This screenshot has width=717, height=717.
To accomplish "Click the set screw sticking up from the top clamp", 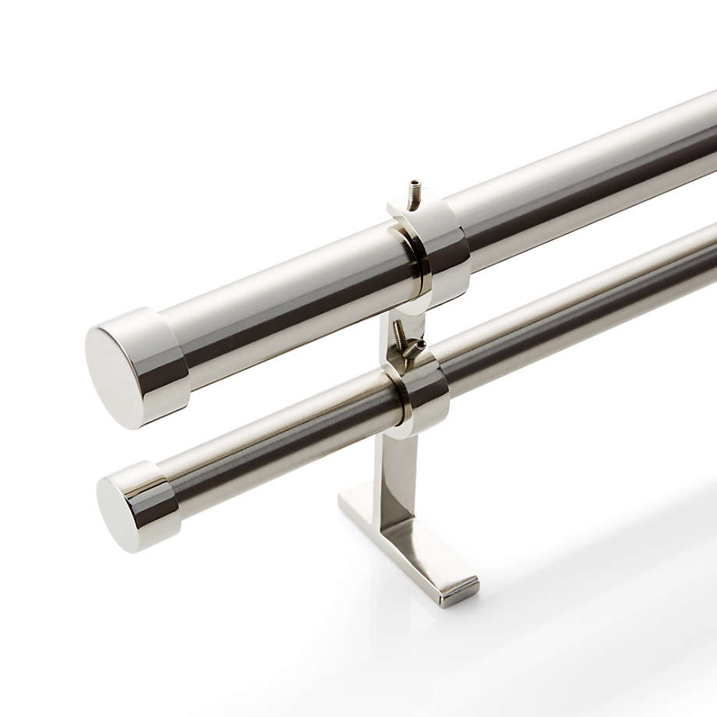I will pyautogui.click(x=416, y=192).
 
